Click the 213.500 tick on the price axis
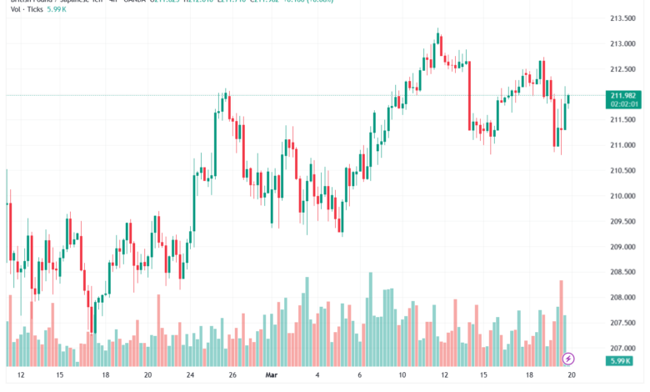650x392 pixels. [x=617, y=18]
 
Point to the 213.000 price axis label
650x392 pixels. [x=617, y=43]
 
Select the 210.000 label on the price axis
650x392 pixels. [x=617, y=196]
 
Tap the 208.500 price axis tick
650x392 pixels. [x=617, y=272]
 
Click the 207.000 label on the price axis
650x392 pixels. [x=617, y=348]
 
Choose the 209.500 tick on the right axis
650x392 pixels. [x=617, y=221]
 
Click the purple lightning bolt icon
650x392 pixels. [x=568, y=358]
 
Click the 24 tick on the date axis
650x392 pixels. [x=191, y=374]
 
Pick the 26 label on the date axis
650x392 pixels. [x=233, y=374]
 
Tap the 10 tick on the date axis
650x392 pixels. [x=402, y=374]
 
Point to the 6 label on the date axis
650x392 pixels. [x=359, y=374]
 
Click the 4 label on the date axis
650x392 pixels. [x=317, y=374]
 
